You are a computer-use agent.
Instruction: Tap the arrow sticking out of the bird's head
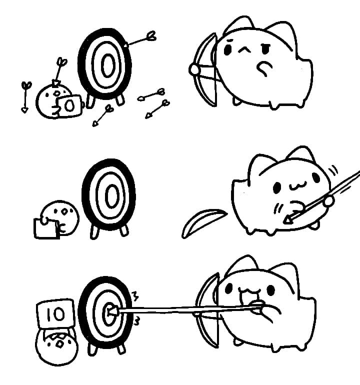[x=59, y=70]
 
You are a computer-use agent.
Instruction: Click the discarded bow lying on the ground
[x=202, y=222]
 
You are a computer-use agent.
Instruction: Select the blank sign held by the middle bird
[x=46, y=228]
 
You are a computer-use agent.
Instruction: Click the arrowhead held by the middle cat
[x=288, y=217]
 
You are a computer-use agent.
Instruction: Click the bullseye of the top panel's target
[x=106, y=64]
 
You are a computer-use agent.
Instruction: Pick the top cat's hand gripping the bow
[x=193, y=69]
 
